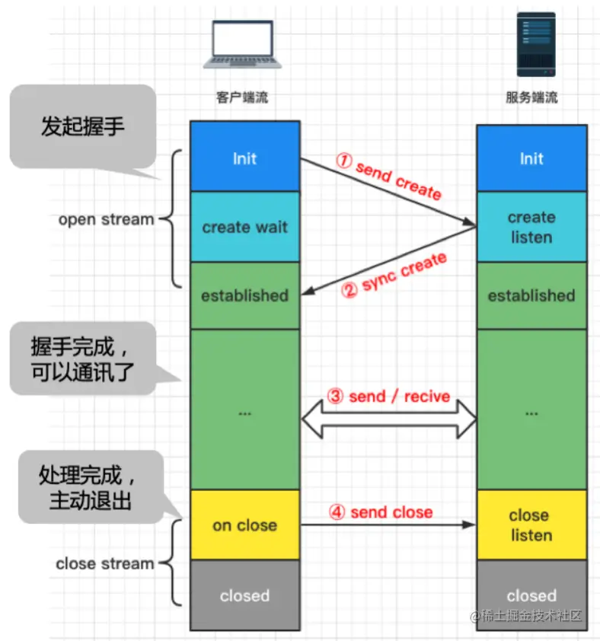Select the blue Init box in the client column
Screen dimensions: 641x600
pos(244,158)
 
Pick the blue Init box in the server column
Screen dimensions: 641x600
pos(531,158)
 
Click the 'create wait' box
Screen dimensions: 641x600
pos(244,227)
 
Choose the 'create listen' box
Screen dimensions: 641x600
pos(531,227)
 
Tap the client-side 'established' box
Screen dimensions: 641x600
pos(244,295)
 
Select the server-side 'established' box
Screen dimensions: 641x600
pos(531,295)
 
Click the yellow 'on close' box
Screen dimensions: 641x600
pos(244,525)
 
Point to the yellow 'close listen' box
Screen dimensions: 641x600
pos(531,525)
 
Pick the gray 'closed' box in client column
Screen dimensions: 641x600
pos(244,595)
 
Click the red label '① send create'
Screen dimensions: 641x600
pos(388,176)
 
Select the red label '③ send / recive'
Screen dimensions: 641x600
pos(388,397)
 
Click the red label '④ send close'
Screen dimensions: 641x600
pos(381,512)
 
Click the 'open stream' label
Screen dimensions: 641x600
pos(106,219)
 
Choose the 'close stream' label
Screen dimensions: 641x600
pos(105,564)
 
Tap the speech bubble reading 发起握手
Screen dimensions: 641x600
pos(82,126)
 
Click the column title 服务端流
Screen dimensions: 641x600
pos(531,98)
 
